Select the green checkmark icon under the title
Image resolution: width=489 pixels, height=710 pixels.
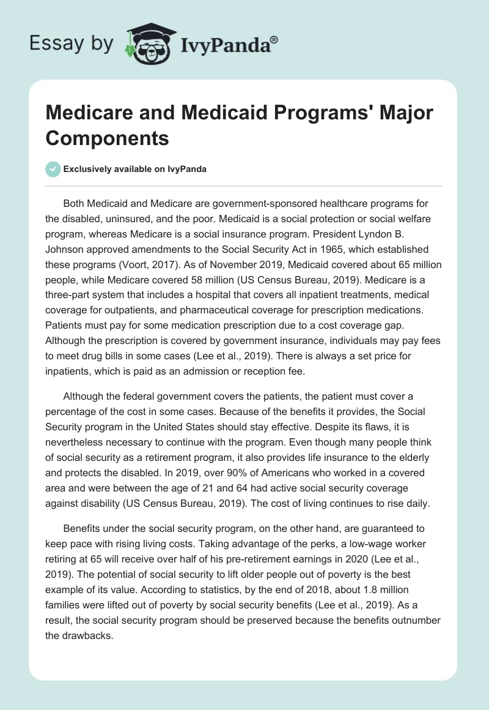53,169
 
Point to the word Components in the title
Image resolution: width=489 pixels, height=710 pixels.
108,138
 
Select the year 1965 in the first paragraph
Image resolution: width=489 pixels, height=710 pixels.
318,250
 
